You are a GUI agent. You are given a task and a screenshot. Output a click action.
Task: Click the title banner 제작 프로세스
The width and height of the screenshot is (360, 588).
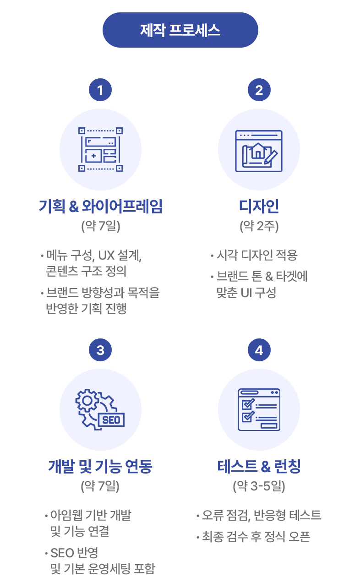(x=180, y=30)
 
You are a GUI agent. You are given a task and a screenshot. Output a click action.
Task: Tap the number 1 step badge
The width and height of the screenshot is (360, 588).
(x=100, y=90)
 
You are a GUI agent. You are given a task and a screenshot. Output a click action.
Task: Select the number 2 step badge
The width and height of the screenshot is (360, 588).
(x=259, y=90)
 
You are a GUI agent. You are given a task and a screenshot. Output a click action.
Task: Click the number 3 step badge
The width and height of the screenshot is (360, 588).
(x=100, y=350)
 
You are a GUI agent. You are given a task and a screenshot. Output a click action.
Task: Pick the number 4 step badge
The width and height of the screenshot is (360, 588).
(x=259, y=350)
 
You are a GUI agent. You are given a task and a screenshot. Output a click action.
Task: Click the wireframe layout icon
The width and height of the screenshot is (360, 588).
(x=100, y=149)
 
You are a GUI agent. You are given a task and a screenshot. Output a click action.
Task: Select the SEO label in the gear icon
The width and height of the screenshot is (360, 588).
(x=111, y=419)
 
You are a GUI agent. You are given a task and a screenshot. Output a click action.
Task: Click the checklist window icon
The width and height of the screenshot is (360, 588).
(x=259, y=410)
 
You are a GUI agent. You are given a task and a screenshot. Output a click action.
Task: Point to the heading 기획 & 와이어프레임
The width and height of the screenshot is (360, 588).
(x=100, y=207)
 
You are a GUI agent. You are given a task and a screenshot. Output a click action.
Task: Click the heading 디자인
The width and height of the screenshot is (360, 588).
(x=259, y=207)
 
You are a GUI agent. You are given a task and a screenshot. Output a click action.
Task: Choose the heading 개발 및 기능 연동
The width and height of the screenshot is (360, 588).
(x=100, y=467)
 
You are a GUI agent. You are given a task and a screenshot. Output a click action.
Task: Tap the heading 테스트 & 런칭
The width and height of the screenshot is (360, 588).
(x=259, y=467)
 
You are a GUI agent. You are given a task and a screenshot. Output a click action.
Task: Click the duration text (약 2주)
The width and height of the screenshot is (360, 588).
(x=259, y=226)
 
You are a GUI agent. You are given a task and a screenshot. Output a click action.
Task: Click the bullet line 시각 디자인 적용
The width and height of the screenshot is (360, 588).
(x=256, y=255)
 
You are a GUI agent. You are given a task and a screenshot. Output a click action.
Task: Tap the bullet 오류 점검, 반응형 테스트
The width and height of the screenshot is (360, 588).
(x=261, y=515)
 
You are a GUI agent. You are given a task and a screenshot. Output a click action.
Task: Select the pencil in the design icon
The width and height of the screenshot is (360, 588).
(x=271, y=155)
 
